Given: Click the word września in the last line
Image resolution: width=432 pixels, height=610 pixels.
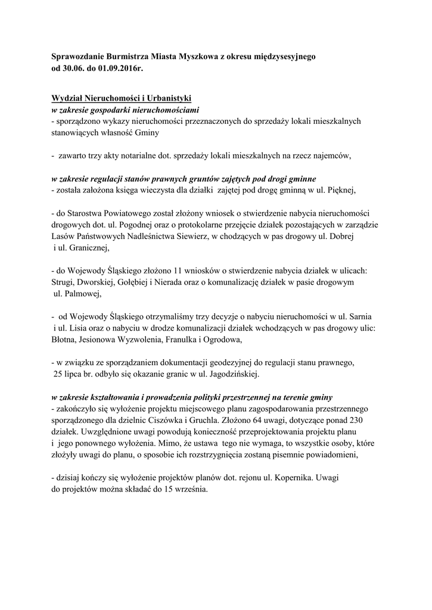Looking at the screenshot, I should (192, 489).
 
